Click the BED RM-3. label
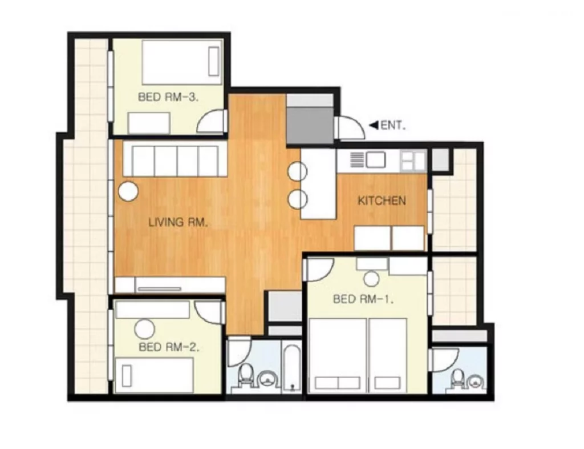click(x=168, y=97)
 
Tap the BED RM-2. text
click(x=169, y=347)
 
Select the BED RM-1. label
click(x=363, y=299)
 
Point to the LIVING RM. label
click(x=178, y=223)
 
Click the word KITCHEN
click(x=382, y=201)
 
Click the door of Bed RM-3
click(x=212, y=121)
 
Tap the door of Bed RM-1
click(x=319, y=270)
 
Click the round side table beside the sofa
click(x=128, y=191)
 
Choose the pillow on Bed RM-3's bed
click(x=214, y=62)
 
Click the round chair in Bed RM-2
click(x=144, y=330)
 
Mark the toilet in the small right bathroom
click(x=457, y=379)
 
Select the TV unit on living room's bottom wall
click(x=170, y=285)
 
